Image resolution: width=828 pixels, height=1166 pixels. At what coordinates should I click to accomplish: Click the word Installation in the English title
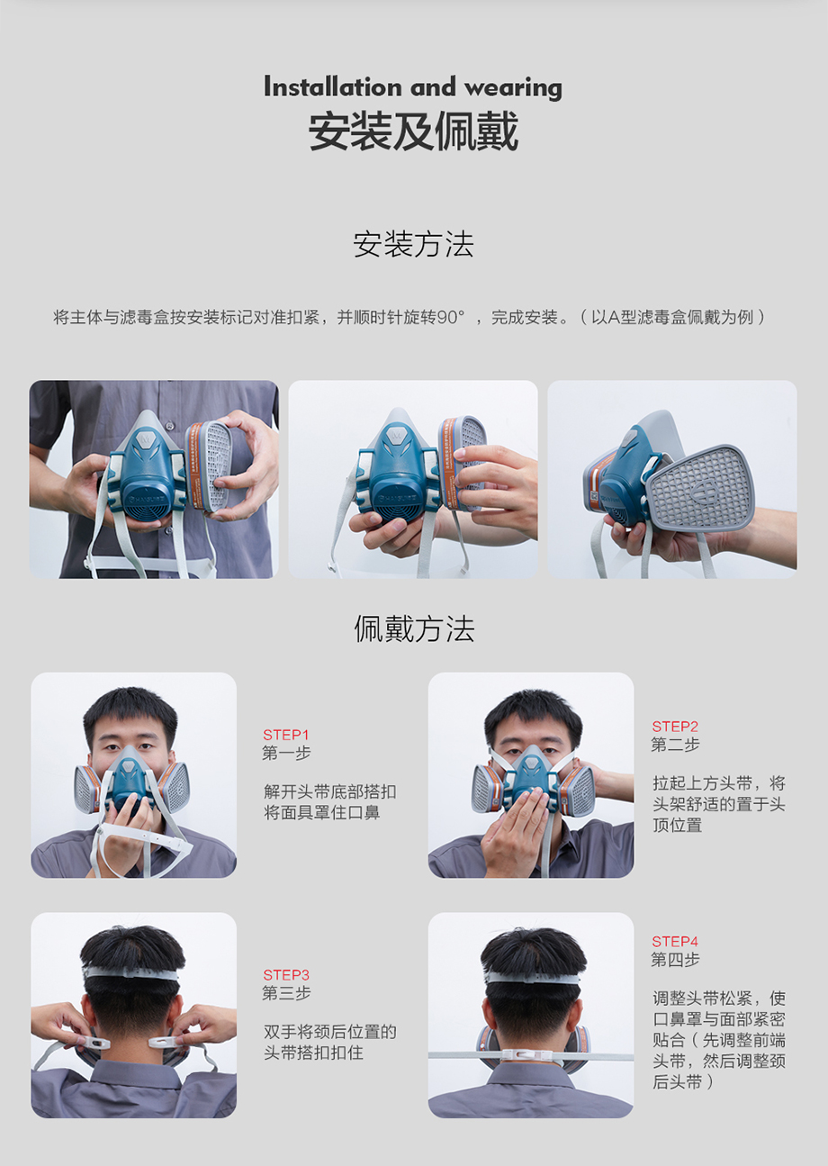point(333,86)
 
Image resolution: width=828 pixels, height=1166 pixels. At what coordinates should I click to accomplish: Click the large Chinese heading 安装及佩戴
point(413,131)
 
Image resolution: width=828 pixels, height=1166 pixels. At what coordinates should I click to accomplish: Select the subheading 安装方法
point(413,244)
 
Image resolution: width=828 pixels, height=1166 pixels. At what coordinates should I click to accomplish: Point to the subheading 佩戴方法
point(414,628)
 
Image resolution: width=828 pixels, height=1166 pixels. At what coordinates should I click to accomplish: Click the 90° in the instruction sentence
point(450,317)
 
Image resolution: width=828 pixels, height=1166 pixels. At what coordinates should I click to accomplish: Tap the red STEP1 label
point(285,735)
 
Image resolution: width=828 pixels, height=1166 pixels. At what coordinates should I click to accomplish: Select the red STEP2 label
point(675,727)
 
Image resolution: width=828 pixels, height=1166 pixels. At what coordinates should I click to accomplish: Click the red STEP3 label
point(285,975)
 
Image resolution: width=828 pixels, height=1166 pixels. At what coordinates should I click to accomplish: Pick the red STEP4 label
point(675,942)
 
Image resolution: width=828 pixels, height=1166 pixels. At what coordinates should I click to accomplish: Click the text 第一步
point(286,754)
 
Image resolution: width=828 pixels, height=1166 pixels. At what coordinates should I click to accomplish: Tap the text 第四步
point(675,959)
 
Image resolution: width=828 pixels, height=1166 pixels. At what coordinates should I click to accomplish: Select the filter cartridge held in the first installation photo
point(208,465)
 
